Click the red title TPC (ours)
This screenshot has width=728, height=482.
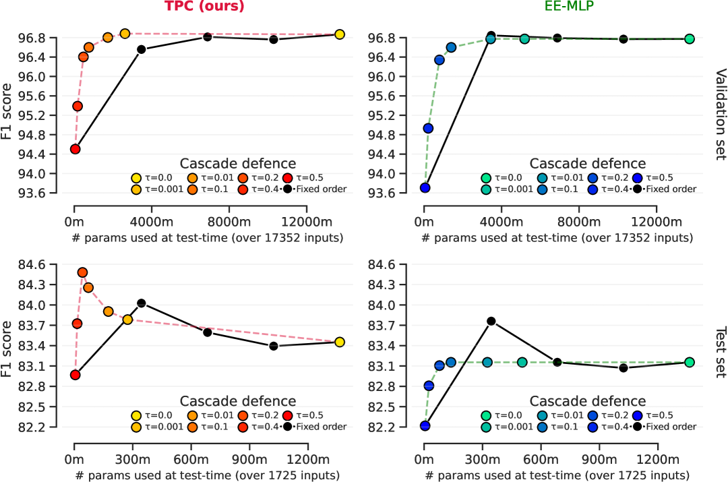[204, 7]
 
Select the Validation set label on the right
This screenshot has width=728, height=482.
[719, 114]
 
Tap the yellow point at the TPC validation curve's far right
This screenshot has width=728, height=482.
[340, 34]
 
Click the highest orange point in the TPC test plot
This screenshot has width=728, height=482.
[82, 272]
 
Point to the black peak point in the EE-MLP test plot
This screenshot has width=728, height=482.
[491, 321]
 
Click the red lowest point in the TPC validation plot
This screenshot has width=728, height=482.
[75, 149]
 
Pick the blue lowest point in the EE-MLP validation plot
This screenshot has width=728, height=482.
[425, 187]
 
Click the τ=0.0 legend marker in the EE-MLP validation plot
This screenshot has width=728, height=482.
[485, 178]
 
